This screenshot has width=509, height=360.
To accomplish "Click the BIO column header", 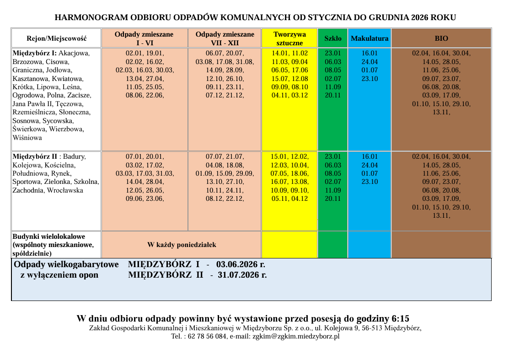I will [x=441, y=38].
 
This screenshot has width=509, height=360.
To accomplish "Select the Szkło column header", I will [x=332, y=38].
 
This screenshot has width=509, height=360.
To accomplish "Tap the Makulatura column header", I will [x=370, y=38].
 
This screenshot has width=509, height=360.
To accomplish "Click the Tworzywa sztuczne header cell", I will [x=289, y=38].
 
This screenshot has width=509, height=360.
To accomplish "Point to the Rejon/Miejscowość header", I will [x=57, y=38].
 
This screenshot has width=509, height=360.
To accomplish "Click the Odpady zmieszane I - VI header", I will [x=144, y=38].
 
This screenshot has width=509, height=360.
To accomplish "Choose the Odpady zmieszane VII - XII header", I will [x=225, y=38].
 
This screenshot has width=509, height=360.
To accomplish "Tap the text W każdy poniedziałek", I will [x=182, y=245].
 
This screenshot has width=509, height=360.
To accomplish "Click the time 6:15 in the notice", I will [x=401, y=318].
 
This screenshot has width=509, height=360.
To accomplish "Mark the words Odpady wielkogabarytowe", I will [x=66, y=264].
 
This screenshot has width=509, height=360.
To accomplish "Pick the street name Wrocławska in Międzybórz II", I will [x=67, y=190].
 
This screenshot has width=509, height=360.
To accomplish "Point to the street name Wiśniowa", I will [x=27, y=138].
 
